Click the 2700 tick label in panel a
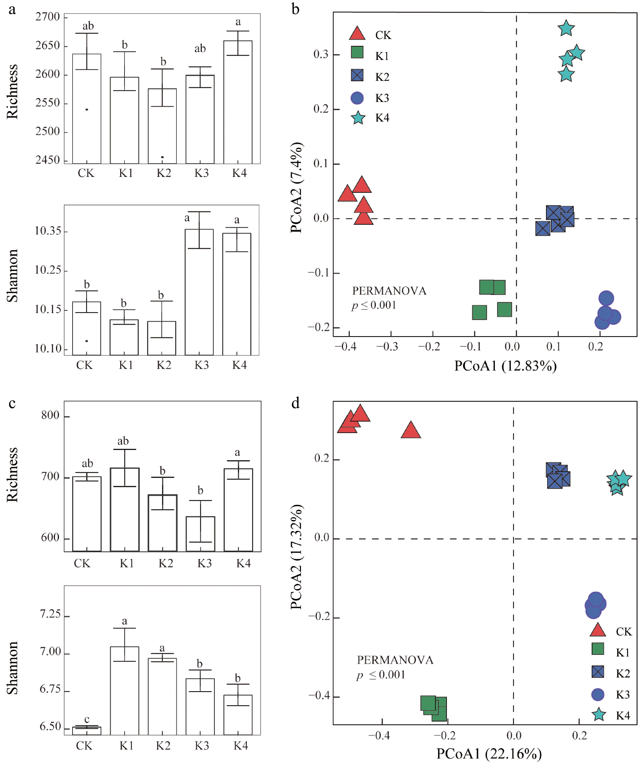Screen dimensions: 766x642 [x=48, y=17]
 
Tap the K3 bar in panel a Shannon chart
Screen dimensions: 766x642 [x=199, y=292]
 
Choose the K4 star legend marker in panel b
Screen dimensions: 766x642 [x=358, y=118]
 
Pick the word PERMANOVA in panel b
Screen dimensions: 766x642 [x=389, y=291]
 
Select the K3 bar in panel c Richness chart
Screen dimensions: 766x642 [x=201, y=534]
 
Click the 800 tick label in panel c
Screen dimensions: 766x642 [x=50, y=415]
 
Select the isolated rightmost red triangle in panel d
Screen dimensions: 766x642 [x=411, y=430]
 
